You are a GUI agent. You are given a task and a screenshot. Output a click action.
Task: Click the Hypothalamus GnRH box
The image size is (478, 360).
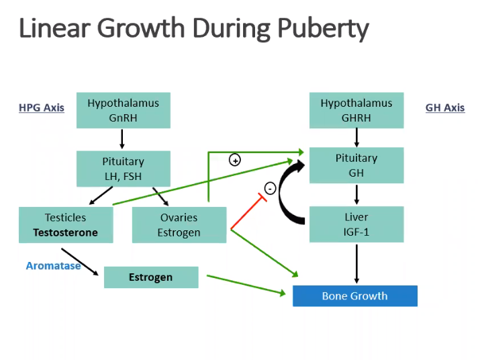[123, 110]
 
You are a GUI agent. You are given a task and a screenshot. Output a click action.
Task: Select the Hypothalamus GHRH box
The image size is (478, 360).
[356, 110]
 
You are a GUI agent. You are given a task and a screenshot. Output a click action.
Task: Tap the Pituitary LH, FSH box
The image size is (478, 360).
[123, 169]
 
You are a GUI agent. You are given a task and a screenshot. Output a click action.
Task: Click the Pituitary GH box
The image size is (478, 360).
[356, 165]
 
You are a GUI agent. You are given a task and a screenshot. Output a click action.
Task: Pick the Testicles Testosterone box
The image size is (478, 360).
[66, 225]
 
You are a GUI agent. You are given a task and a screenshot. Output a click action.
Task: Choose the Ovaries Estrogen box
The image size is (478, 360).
[179, 225]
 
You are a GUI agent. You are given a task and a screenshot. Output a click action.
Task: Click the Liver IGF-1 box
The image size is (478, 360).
[356, 224]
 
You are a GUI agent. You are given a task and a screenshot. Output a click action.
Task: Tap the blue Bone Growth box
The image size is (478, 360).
[354, 296]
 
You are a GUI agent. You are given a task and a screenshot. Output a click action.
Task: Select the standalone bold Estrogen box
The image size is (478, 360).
[151, 277]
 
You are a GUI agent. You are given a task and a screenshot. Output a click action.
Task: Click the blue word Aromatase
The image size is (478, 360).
[53, 265]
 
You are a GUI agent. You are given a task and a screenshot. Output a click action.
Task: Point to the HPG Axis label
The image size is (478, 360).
[42, 107]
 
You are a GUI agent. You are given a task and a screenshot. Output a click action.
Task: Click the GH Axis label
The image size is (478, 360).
[444, 107]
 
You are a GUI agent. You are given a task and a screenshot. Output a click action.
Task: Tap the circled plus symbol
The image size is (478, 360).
[235, 160]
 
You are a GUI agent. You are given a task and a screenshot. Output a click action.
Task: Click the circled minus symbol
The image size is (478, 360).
[270, 189]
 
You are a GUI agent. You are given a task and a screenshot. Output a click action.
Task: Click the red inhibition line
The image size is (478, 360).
[245, 212]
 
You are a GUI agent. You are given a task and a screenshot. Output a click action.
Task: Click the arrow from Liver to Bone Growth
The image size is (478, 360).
[356, 263]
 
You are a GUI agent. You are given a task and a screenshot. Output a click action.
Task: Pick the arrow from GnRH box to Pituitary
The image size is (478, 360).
[122, 139]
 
